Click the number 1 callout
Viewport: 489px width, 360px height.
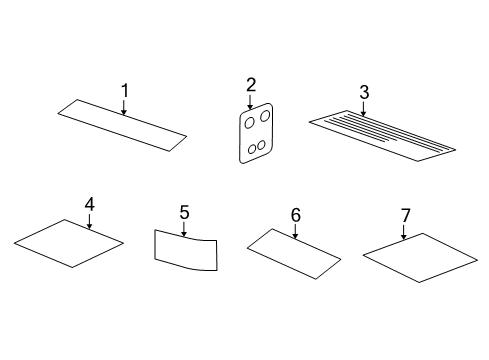tap(125, 91)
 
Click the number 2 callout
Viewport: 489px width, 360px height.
tap(251, 85)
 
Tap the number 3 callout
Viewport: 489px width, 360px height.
tap(365, 92)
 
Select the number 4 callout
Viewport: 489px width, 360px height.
tap(89, 204)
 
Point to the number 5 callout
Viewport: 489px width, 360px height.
tap(185, 212)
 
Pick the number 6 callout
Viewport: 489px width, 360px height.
tap(296, 214)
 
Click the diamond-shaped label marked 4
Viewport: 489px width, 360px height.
tap(70, 243)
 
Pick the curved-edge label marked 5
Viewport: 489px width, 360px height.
tap(185, 252)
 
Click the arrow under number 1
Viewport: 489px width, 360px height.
tap(125, 107)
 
